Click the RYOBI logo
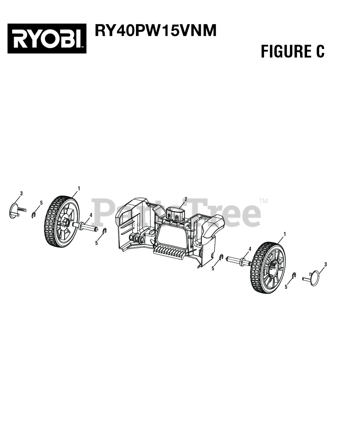pyautogui.click(x=47, y=38)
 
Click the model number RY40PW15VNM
pyautogui.click(x=156, y=30)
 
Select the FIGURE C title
pyautogui.click(x=293, y=51)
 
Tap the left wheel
pyautogui.click(x=62, y=221)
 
